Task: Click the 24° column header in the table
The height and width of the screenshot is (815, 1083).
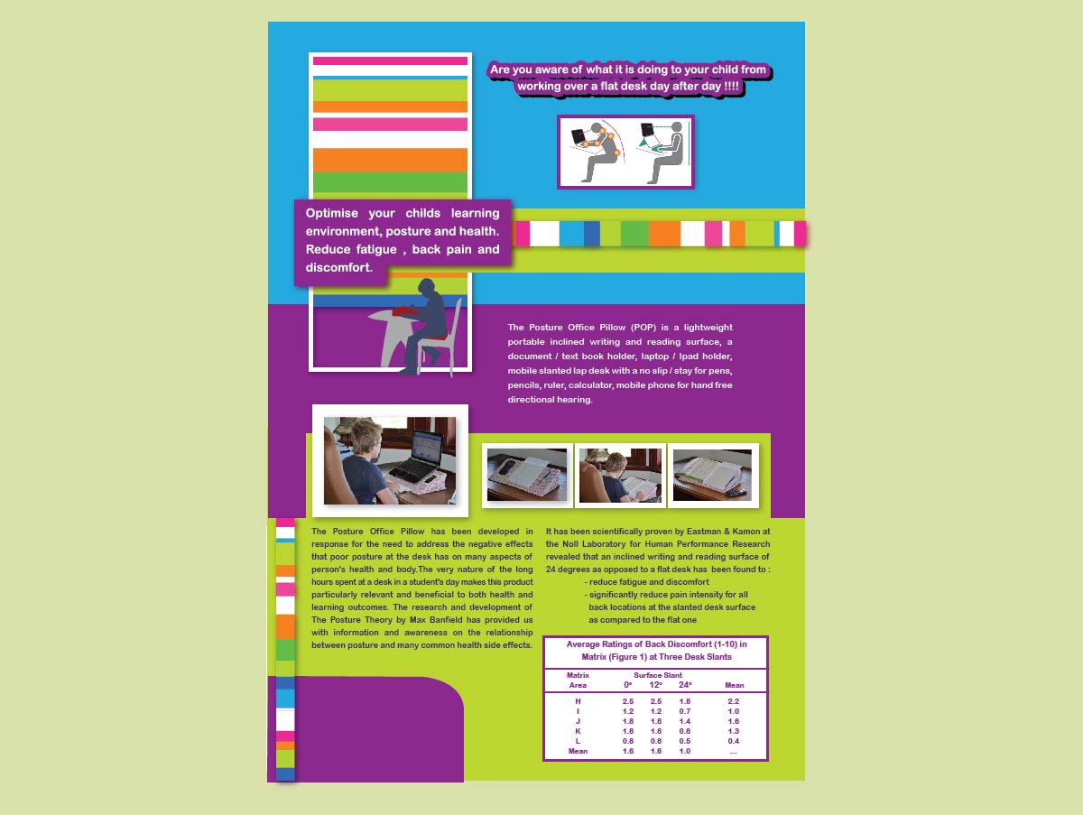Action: [685, 685]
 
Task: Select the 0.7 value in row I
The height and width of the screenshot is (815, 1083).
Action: [685, 711]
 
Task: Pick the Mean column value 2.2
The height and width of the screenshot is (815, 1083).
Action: [734, 701]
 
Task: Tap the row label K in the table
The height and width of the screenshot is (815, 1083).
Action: [578, 731]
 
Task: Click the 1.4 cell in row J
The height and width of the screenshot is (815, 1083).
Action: [685, 721]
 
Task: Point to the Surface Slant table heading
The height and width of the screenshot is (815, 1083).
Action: [658, 675]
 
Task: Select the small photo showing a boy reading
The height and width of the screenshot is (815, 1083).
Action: [620, 475]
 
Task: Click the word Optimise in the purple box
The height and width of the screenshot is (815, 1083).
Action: [331, 213]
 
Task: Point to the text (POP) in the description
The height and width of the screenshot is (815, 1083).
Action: [650, 327]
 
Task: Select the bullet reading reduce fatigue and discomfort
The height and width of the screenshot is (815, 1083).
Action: [646, 582]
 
